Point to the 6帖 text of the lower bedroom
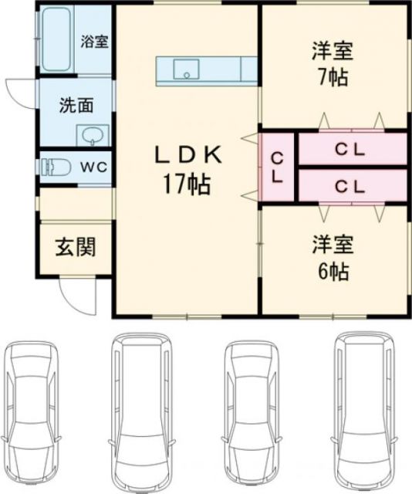click(x=332, y=271)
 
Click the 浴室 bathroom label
click(x=95, y=41)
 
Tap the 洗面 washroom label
click(x=74, y=107)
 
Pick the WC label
click(x=95, y=167)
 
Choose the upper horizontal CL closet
click(x=351, y=150)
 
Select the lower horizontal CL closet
click(x=351, y=185)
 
